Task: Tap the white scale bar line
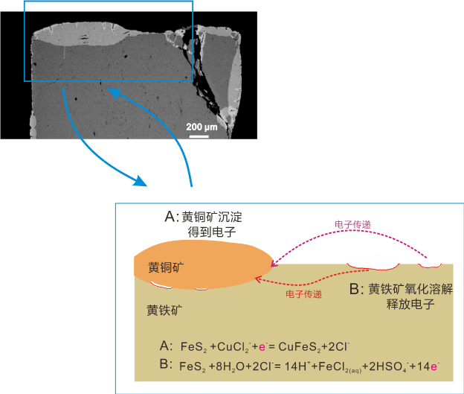tap(199, 135)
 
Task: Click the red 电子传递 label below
tap(303, 294)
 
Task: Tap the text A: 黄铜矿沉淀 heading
tap(204, 217)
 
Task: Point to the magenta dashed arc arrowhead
tap(274, 261)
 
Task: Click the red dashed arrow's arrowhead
tap(257, 279)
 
